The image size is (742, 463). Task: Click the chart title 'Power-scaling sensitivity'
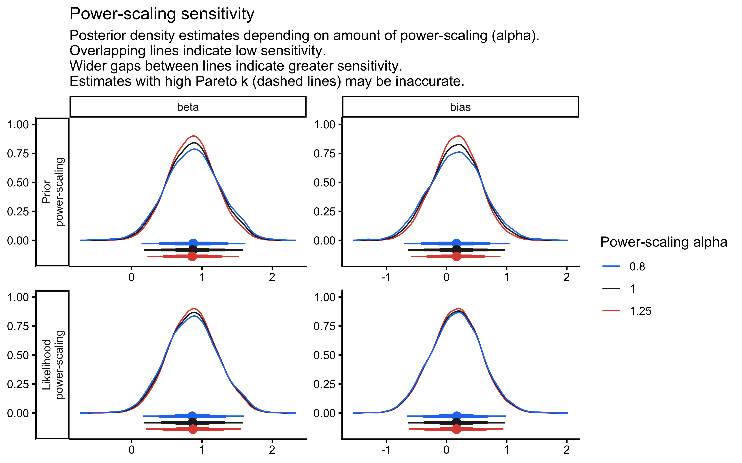pos(162,14)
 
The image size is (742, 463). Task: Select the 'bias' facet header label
pos(460,107)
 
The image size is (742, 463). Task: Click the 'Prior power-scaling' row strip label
pos(53,192)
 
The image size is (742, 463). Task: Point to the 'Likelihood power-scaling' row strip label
pos(53,364)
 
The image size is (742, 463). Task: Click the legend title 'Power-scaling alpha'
pos(663,242)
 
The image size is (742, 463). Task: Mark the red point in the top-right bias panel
pos(456,256)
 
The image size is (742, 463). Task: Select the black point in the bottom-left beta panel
pos(193,423)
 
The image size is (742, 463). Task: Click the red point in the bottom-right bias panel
pos(456,429)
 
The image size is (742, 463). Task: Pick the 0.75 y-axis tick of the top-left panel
pos(18,153)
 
